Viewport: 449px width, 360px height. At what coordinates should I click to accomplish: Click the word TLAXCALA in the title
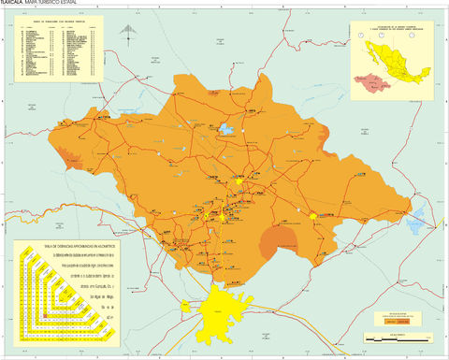[x=16, y=5]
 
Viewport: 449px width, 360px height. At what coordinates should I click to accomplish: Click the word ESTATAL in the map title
[x=83, y=5]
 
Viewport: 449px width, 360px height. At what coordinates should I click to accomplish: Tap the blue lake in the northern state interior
[x=227, y=128]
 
